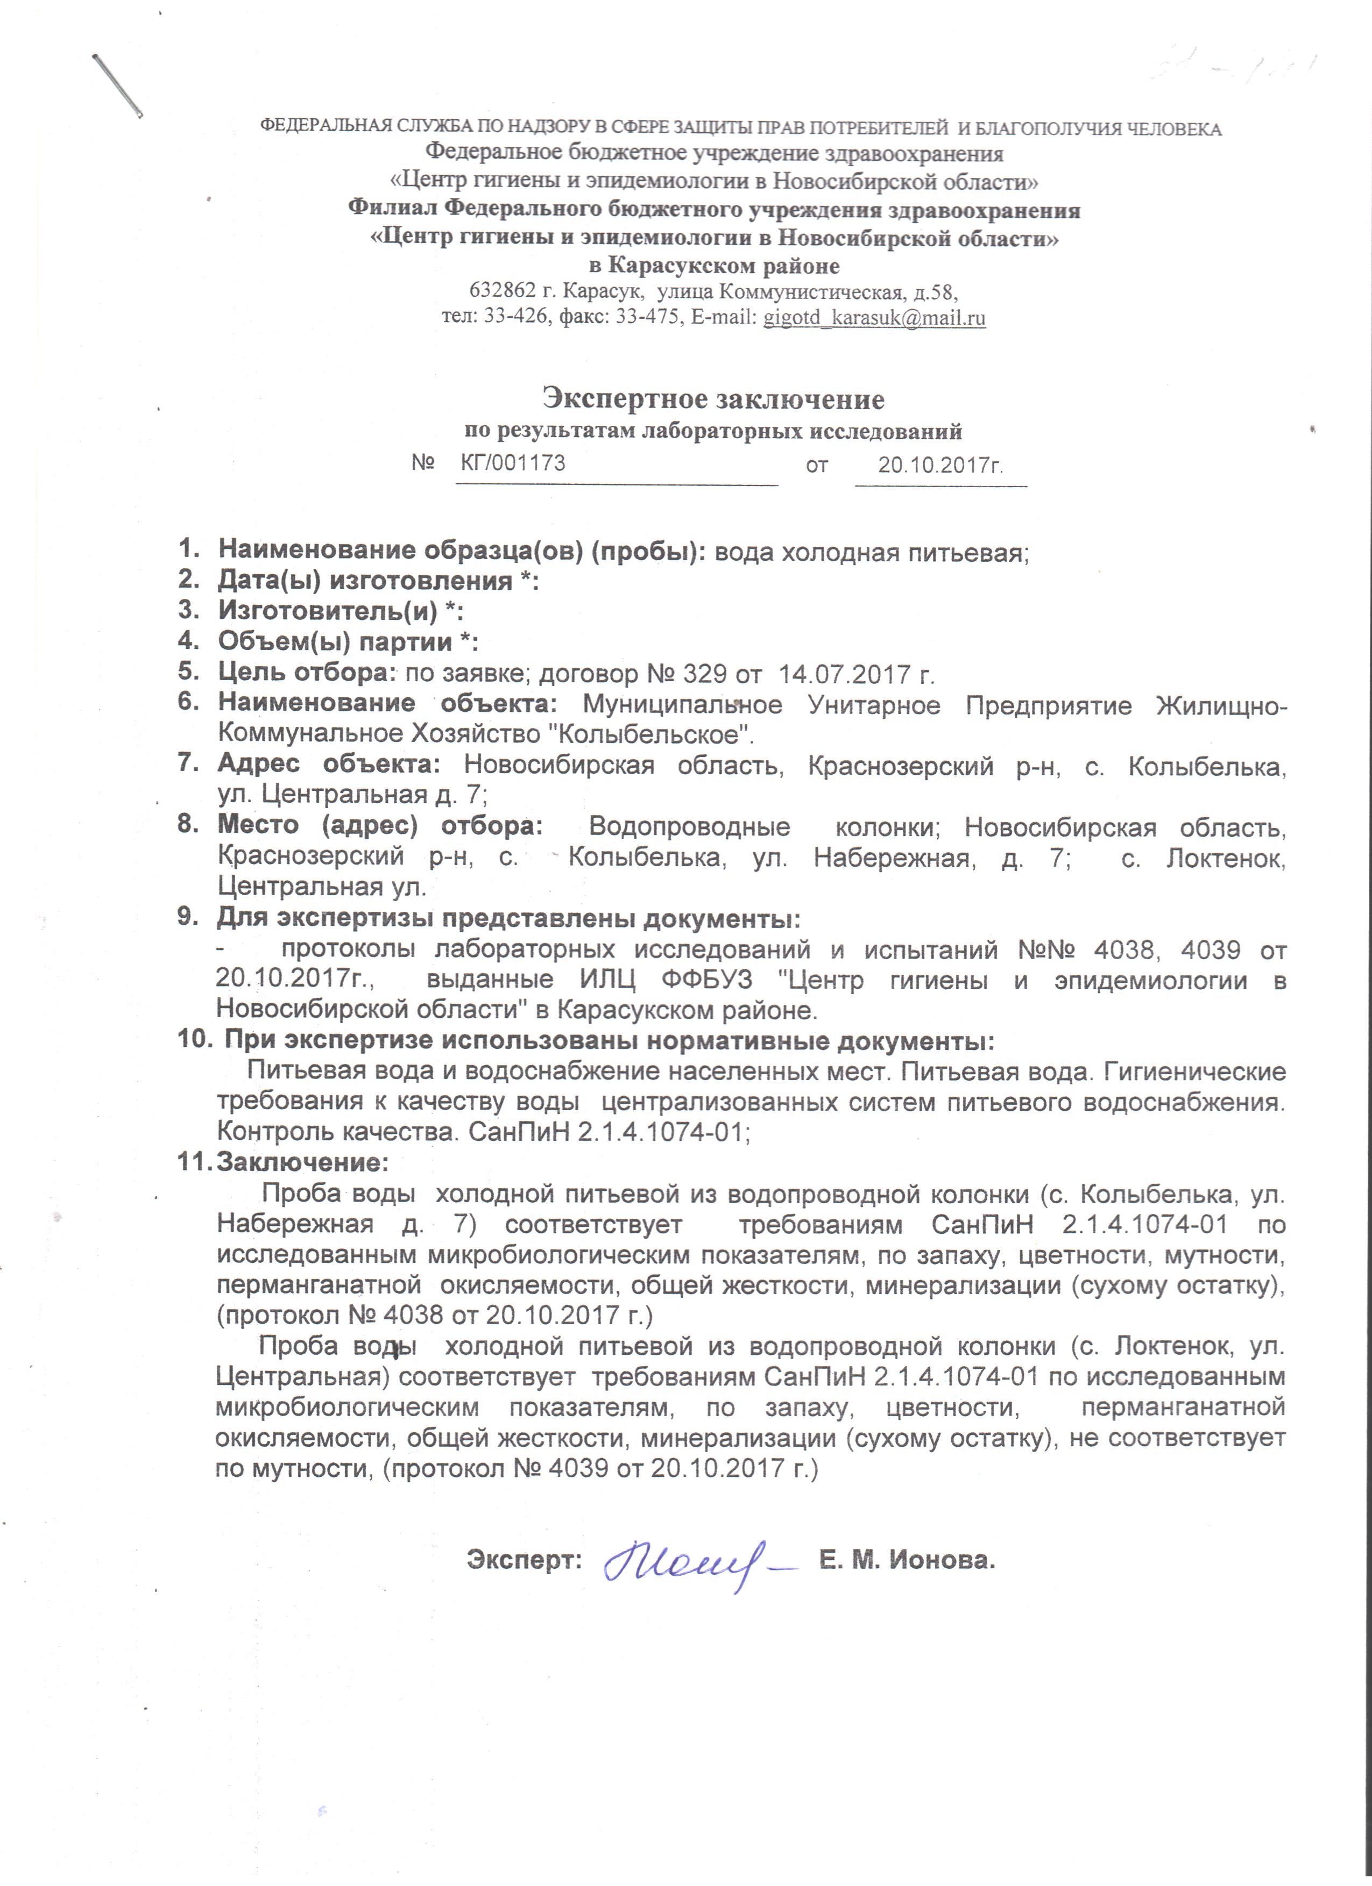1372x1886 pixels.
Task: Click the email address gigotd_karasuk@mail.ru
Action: [x=874, y=318]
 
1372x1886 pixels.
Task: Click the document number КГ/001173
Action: [x=513, y=463]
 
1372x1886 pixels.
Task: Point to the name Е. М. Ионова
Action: [x=907, y=1559]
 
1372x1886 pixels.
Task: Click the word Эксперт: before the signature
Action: [x=524, y=1559]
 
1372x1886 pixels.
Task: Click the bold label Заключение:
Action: [x=302, y=1162]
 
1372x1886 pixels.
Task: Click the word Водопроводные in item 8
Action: [x=690, y=827]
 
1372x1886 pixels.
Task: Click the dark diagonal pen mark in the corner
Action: [x=117, y=85]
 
